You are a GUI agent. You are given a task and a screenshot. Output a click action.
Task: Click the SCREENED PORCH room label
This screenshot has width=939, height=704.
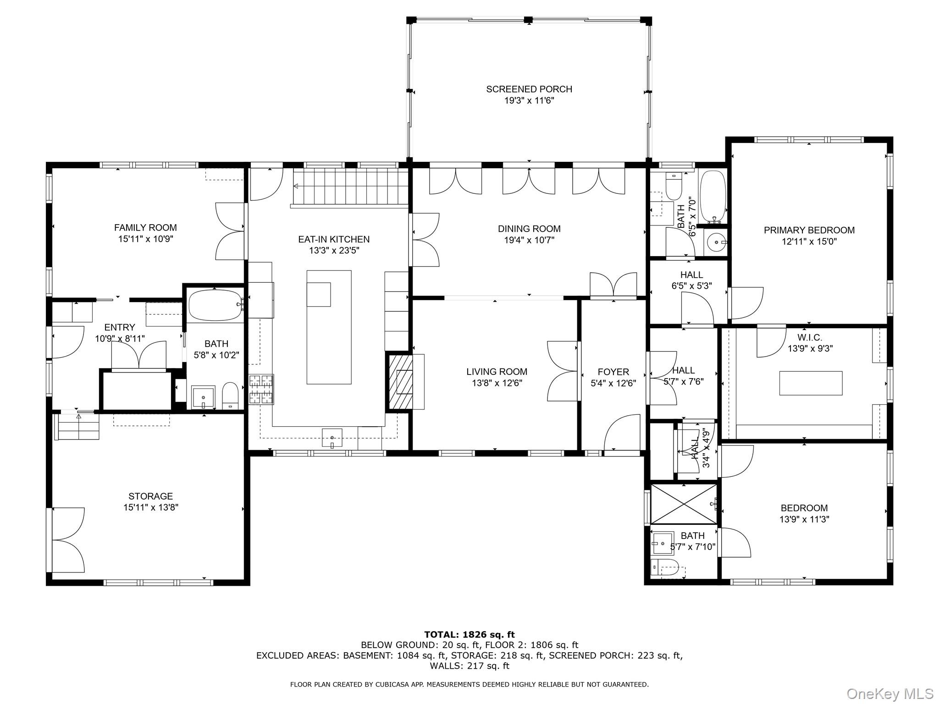click(x=529, y=89)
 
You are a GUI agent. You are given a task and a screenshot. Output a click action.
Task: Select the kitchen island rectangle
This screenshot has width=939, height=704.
click(x=329, y=327)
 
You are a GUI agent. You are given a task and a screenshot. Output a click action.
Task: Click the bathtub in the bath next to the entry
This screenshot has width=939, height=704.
click(x=215, y=305)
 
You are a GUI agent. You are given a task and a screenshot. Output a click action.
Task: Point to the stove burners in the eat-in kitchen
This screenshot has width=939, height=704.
click(x=261, y=389)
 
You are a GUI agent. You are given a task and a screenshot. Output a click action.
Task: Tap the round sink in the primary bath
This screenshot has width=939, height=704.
click(x=715, y=241)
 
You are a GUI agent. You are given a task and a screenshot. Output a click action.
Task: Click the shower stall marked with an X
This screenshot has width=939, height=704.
click(x=683, y=504)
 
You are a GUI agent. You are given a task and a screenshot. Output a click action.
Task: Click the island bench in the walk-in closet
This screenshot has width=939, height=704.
click(x=811, y=383)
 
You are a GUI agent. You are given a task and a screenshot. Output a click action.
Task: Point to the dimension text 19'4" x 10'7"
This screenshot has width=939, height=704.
click(x=529, y=240)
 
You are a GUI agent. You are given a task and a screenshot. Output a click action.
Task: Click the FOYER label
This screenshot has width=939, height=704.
click(x=613, y=372)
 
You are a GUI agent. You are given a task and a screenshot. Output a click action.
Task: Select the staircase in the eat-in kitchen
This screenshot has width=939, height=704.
click(x=351, y=187)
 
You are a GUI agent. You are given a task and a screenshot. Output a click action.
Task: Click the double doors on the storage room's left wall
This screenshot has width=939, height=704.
click(x=68, y=540)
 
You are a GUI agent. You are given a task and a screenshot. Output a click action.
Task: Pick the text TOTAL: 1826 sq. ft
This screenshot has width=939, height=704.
click(x=469, y=634)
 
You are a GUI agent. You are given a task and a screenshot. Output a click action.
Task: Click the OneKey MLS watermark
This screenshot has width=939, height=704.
click(x=890, y=693)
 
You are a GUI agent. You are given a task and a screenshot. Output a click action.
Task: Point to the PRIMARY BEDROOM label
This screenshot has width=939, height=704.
click(x=809, y=230)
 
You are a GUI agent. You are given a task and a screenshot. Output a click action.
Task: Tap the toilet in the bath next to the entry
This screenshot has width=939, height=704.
click(x=230, y=395)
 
